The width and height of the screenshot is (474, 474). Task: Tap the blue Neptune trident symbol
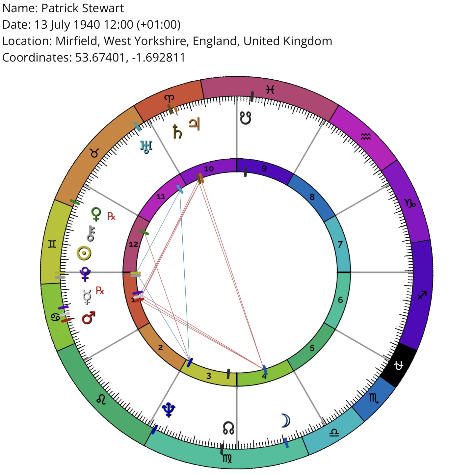click(x=169, y=410)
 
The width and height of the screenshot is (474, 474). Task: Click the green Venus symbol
click(x=96, y=214)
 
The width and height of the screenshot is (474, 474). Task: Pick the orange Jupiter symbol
click(x=194, y=124)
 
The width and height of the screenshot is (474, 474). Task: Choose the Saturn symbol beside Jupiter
click(x=177, y=132)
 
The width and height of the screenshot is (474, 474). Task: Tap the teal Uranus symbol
click(x=146, y=147)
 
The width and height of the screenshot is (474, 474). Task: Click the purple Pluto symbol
click(x=85, y=274)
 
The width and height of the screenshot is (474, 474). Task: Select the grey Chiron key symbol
click(x=91, y=233)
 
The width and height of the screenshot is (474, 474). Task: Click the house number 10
click(x=209, y=169)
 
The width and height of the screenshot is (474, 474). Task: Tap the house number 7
click(x=340, y=244)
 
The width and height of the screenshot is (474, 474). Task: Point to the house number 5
click(x=312, y=348)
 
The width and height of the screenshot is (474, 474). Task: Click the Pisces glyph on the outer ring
click(x=270, y=90)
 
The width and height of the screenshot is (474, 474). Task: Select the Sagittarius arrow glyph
click(x=422, y=295)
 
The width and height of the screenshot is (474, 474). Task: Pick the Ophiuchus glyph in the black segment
click(x=399, y=365)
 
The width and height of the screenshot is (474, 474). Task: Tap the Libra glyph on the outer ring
click(x=334, y=433)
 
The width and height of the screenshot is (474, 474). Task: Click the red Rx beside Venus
click(x=111, y=216)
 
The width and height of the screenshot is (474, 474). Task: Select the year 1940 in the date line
click(x=87, y=25)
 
